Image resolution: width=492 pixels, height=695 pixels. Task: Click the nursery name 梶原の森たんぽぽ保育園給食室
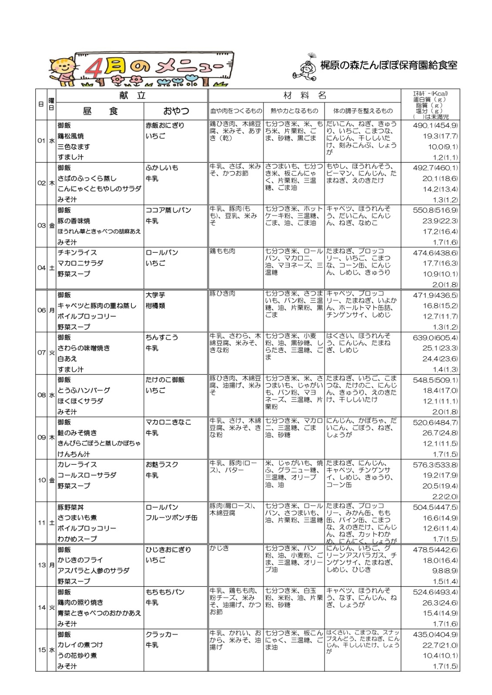tap(388, 66)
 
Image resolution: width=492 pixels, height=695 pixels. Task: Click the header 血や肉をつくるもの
tap(236, 111)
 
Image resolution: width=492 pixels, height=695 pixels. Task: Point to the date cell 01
tap(41, 141)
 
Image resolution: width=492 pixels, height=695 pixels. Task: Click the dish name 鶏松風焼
tap(70, 136)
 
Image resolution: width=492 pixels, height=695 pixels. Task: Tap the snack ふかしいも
tap(162, 168)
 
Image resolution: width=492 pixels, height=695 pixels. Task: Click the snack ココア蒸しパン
tap(168, 210)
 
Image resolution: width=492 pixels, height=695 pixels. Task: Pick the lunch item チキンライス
tap(77, 252)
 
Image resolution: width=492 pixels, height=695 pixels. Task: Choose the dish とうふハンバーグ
tap(84, 390)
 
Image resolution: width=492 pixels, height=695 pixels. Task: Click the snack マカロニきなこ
tap(168, 422)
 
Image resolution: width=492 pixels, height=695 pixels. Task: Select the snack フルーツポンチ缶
tap(171, 518)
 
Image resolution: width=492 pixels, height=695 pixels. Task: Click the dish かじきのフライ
tap(80, 560)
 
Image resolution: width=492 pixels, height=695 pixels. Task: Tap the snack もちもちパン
tap(165, 592)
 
